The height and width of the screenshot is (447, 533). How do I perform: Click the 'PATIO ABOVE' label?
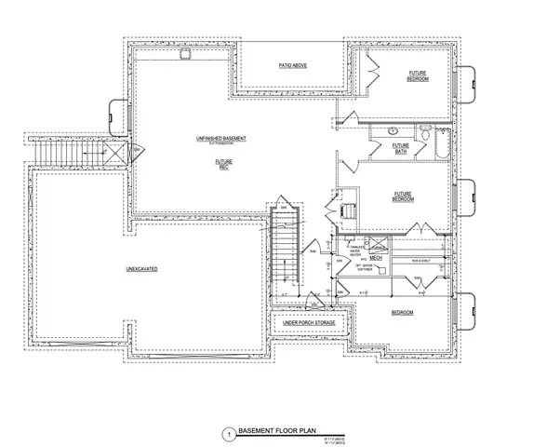tap(293, 65)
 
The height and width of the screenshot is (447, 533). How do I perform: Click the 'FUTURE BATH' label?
tap(401, 148)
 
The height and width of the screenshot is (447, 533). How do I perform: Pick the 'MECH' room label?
tap(377, 258)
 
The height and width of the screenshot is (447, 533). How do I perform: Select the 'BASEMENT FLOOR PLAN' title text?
tap(276, 433)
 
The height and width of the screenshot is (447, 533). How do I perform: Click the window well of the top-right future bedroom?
tap(470, 80)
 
